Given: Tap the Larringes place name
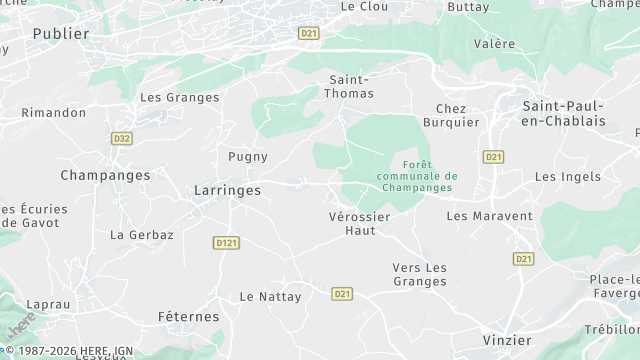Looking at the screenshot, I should (226, 189).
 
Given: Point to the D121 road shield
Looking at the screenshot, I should (225, 242).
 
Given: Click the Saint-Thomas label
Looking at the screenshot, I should (351, 86).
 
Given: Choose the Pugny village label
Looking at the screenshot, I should (247, 157).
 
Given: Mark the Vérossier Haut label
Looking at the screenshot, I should (358, 223).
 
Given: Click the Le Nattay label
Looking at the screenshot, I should (264, 297).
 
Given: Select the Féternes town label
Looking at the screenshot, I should (188, 316).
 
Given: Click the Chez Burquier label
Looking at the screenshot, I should (459, 116).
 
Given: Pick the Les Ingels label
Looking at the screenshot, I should (568, 177).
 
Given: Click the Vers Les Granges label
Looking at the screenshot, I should (419, 274).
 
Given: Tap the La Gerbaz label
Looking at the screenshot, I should (142, 235).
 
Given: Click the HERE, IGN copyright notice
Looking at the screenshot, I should (70, 352).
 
